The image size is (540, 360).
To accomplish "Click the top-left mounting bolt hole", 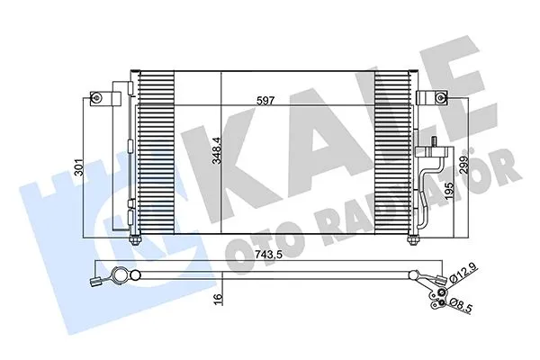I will pos(94,97).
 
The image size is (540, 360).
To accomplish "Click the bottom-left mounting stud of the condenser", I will pos(136,239).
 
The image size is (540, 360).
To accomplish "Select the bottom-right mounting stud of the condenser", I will pos(413,239).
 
